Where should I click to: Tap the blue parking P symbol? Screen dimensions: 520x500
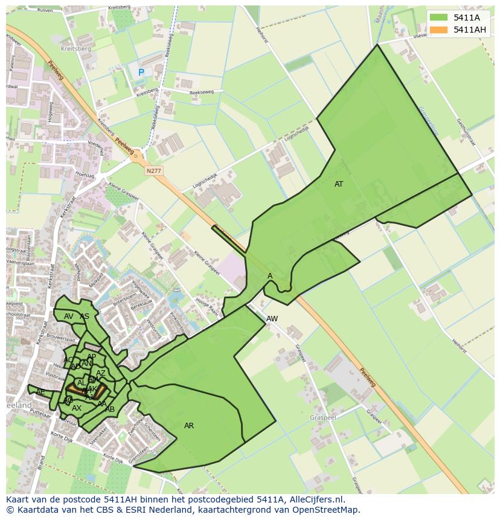pos(141,72)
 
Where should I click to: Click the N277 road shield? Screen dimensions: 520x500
pos(153,172)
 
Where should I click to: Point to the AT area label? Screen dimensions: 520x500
pos(339,184)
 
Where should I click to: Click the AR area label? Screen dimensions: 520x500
pos(189,426)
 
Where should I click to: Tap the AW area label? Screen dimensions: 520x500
pos(272,319)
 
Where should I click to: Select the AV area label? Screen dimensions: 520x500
pos(69,316)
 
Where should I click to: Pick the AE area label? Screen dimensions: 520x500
pos(40,392)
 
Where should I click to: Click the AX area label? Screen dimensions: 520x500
pos(77,409)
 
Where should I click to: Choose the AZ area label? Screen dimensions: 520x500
pos(101,373)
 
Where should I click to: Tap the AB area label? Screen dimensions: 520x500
pos(110,409)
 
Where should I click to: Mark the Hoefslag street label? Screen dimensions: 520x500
pos(86,175)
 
